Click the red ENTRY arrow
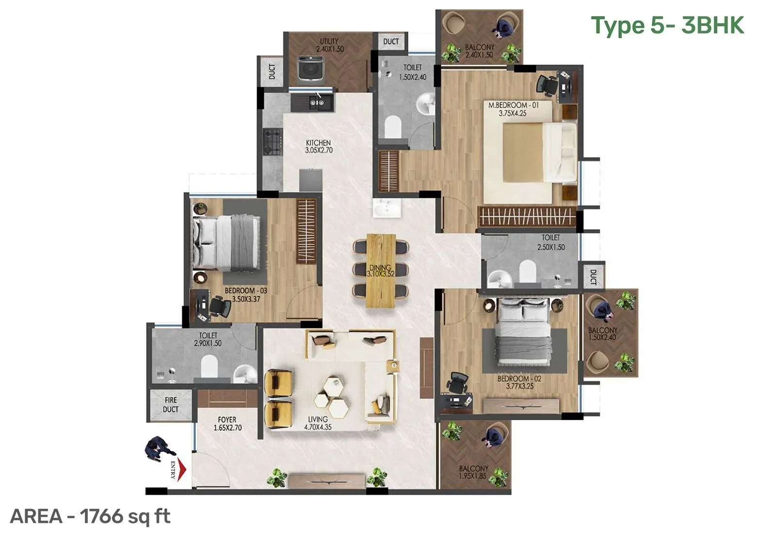point(181,469)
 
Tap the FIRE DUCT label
point(171,405)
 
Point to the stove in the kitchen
point(273,141)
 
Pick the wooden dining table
point(381,271)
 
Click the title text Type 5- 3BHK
point(667,25)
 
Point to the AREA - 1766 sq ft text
point(90,516)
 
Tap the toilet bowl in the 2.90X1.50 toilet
point(210,366)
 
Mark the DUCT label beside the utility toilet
point(391,42)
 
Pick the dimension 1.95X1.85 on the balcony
point(473,477)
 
